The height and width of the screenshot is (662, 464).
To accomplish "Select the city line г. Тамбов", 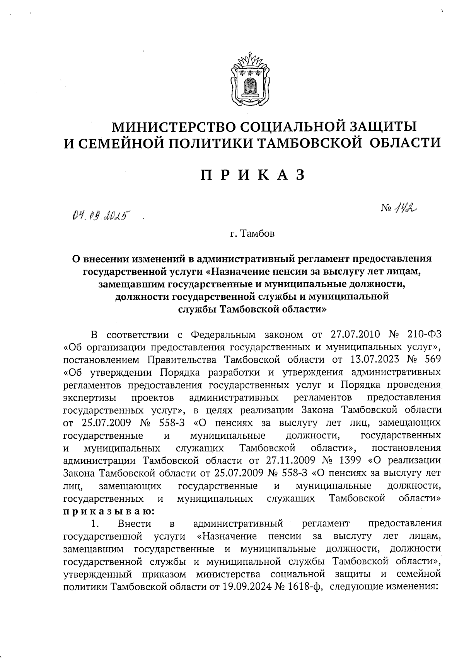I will [x=252, y=234].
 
